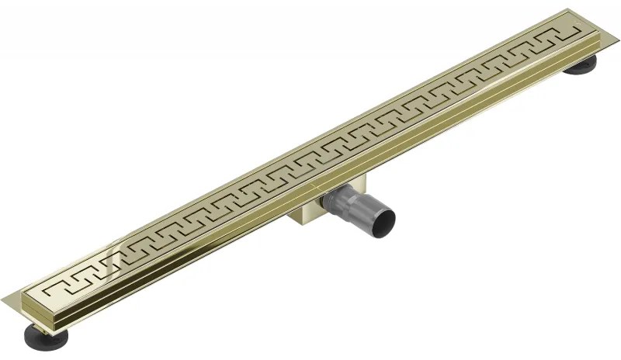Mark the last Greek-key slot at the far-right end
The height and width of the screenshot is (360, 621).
(x=557, y=36)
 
